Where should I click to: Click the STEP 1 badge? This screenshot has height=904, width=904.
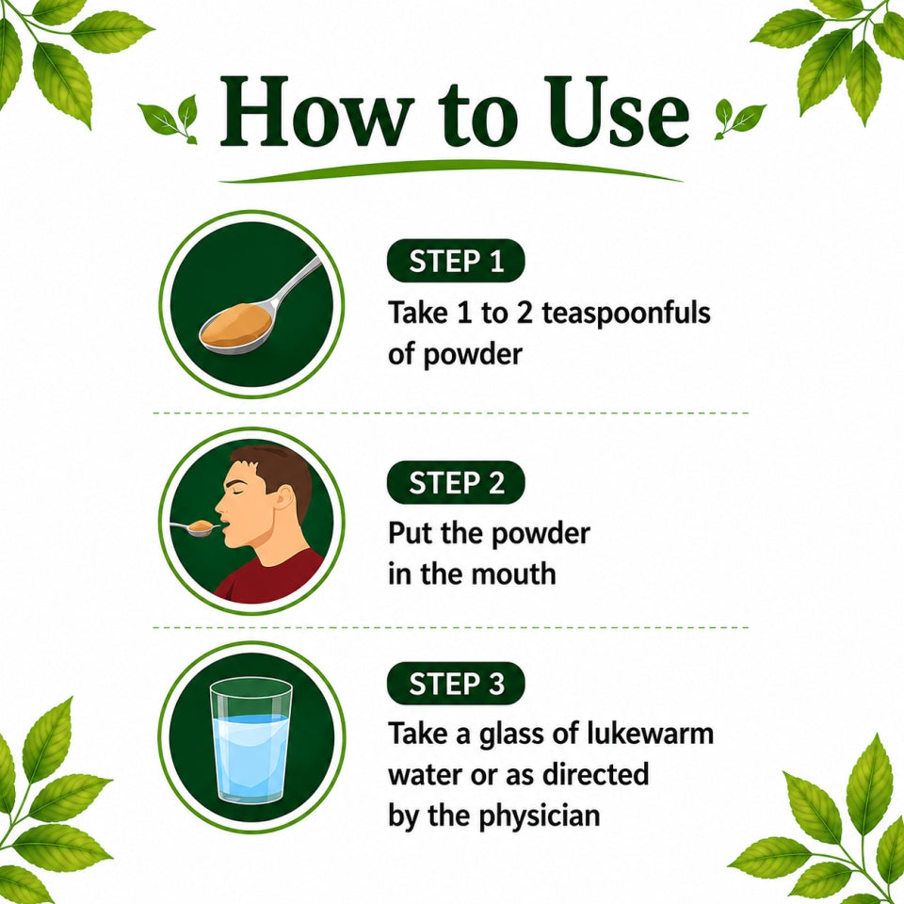(456, 261)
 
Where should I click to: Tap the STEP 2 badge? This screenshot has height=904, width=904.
(456, 482)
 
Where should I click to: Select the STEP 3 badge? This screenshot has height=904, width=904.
(456, 684)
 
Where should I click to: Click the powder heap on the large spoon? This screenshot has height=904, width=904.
(236, 326)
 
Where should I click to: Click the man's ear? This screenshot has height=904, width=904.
(283, 497)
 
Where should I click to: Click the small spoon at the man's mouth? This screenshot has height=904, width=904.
(195, 527)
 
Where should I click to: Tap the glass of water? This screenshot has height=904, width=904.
(250, 740)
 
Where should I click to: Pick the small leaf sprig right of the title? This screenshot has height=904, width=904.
(740, 119)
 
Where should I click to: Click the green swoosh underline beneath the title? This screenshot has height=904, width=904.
(451, 170)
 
